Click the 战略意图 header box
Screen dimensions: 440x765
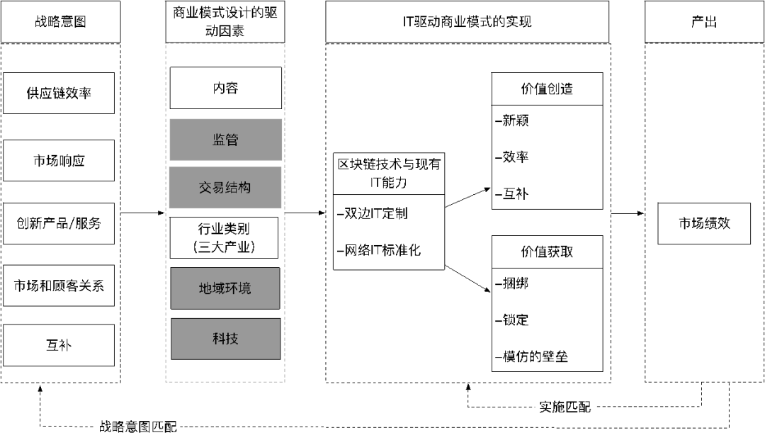[60, 22]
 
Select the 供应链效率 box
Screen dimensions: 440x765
[59, 93]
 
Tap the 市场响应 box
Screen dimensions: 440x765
[59, 161]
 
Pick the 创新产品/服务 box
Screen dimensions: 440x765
[59, 223]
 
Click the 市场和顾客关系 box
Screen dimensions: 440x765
[59, 286]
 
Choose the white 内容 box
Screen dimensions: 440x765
[225, 88]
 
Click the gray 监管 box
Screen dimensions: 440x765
[225, 140]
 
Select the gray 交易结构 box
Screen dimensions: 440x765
[225, 188]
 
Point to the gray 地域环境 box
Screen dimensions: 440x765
[225, 288]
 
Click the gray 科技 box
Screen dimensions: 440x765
[225, 339]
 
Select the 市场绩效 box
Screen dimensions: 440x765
[704, 223]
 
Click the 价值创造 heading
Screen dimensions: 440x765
[547, 89]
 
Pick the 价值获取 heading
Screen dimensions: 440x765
[547, 252]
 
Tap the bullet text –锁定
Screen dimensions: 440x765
[512, 320]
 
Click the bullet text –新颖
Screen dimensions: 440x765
[512, 121]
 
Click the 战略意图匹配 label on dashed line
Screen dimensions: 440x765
[138, 427]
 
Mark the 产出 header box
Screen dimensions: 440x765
[703, 22]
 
